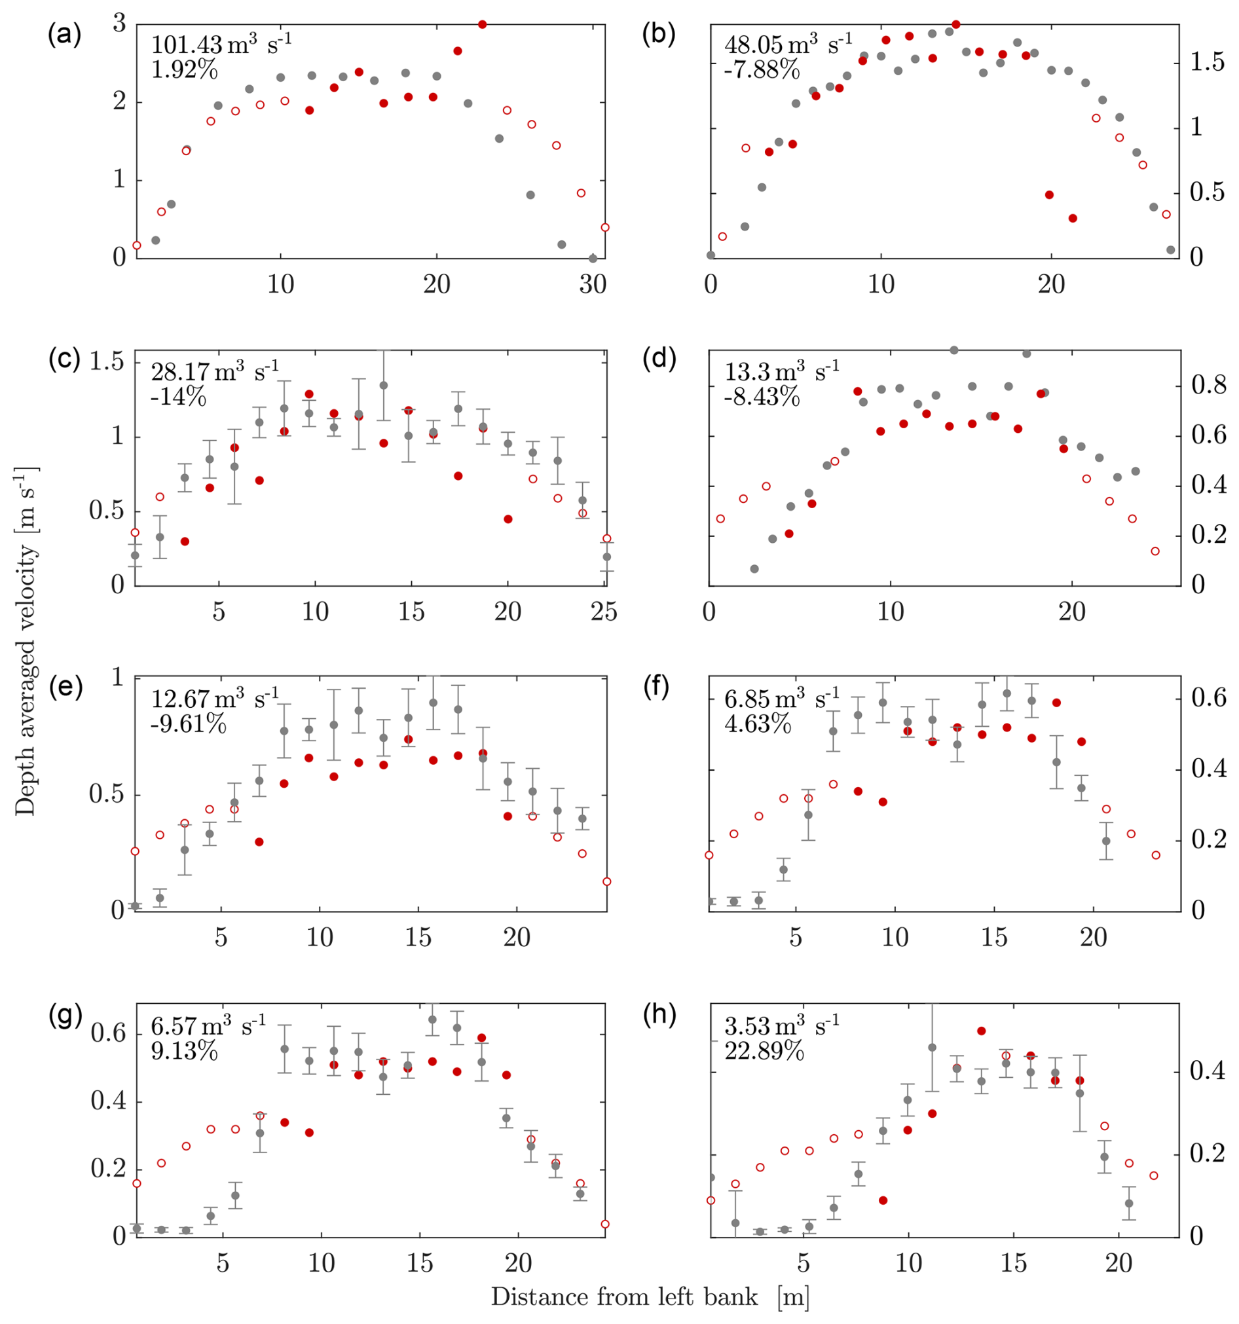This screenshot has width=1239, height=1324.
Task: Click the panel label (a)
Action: pos(65,35)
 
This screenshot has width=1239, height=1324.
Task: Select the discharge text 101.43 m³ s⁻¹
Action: pos(221,45)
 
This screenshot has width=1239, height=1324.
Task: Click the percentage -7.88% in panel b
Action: pos(762,69)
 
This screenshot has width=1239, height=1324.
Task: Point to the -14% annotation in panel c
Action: pos(179,397)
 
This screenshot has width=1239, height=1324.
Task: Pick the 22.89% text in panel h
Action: pos(764,1052)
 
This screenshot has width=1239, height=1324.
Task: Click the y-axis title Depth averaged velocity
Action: pos(26,639)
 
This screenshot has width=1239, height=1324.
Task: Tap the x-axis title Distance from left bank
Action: pos(650,1296)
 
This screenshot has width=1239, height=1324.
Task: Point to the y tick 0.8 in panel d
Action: pos(1208,386)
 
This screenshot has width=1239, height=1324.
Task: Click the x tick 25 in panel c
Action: pos(604,612)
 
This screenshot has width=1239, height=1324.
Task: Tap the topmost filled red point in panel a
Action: pos(483,24)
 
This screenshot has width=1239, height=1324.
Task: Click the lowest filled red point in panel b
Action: pos(1073,218)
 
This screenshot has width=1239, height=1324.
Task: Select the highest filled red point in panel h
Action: pos(981,1031)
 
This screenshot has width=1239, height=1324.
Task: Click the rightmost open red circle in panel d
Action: pos(1155,551)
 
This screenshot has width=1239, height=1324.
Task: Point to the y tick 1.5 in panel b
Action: pos(1208,62)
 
